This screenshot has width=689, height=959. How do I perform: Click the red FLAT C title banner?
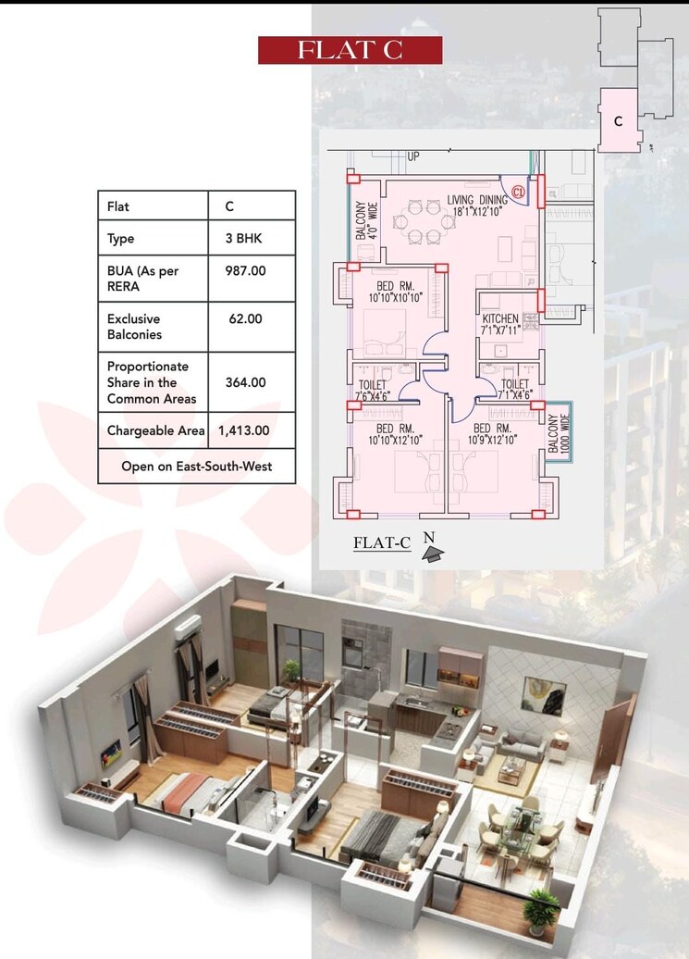click(x=350, y=50)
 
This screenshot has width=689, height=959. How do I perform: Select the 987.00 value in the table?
click(x=245, y=271)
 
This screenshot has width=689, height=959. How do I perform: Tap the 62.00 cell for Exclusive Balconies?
click(x=245, y=318)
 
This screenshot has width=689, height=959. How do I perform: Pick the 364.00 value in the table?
click(x=245, y=381)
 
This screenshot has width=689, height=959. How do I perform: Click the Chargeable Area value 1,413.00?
click(x=244, y=430)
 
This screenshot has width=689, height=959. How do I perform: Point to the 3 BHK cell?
click(x=243, y=238)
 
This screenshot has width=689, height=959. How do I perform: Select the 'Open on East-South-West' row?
click(x=196, y=467)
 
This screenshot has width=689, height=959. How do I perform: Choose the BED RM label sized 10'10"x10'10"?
click(x=395, y=292)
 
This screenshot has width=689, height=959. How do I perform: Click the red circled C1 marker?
click(x=518, y=192)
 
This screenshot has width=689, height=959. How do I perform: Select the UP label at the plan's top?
click(x=412, y=157)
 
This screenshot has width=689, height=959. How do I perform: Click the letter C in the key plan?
click(x=618, y=120)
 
